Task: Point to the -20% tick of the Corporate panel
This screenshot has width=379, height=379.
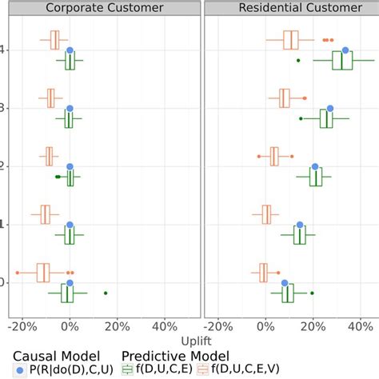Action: (22, 326)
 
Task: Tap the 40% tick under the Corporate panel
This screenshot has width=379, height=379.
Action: (164, 326)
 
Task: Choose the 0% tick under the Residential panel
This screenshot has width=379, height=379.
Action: (265, 326)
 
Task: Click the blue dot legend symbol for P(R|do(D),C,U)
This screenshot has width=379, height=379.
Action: (19, 369)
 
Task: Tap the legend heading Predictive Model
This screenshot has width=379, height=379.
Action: (175, 355)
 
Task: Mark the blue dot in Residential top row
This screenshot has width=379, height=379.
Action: (345, 50)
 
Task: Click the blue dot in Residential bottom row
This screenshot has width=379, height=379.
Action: (284, 283)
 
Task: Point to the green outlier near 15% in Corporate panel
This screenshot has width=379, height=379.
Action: (106, 293)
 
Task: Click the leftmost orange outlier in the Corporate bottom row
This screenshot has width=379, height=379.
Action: (18, 273)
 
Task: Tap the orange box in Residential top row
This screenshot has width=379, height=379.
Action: (291, 39)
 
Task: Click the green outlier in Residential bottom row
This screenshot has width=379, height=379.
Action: (312, 293)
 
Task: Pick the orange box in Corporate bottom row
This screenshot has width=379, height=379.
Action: (43, 273)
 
